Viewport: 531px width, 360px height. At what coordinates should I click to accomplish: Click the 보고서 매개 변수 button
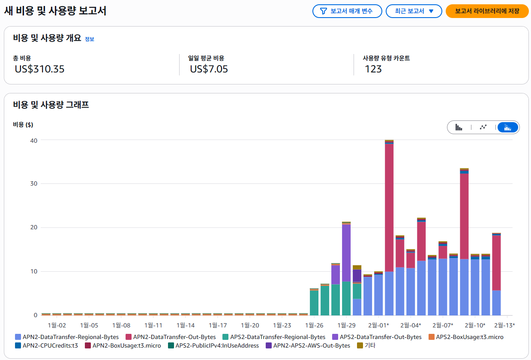click(x=347, y=11)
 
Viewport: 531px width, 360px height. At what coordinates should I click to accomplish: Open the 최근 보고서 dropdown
click(x=414, y=11)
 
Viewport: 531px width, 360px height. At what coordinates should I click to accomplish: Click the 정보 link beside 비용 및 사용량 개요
click(x=89, y=39)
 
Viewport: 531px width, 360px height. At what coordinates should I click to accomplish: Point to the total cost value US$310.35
click(x=39, y=69)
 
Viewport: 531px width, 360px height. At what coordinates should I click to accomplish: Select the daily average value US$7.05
click(x=209, y=69)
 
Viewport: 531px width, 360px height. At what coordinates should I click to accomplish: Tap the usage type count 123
click(x=373, y=69)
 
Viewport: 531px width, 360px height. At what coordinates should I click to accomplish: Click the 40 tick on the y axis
click(x=33, y=140)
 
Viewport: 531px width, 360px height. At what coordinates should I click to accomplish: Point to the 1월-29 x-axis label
click(x=346, y=325)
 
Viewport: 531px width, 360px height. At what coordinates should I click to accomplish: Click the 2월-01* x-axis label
click(x=378, y=325)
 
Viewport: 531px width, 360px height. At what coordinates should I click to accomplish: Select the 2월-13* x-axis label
click(x=504, y=325)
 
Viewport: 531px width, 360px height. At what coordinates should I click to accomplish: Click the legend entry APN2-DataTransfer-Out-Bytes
click(x=174, y=337)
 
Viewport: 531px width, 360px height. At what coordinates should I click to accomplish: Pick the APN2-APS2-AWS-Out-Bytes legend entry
click(x=312, y=345)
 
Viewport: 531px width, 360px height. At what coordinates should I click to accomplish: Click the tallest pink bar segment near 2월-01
click(x=389, y=206)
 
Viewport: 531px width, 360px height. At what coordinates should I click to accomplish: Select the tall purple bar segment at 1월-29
click(x=346, y=253)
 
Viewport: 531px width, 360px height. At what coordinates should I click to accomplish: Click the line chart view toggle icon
click(x=483, y=127)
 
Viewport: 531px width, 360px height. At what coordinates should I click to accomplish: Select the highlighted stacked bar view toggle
click(x=508, y=127)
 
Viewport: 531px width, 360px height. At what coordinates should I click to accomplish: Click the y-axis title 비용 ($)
click(x=23, y=125)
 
